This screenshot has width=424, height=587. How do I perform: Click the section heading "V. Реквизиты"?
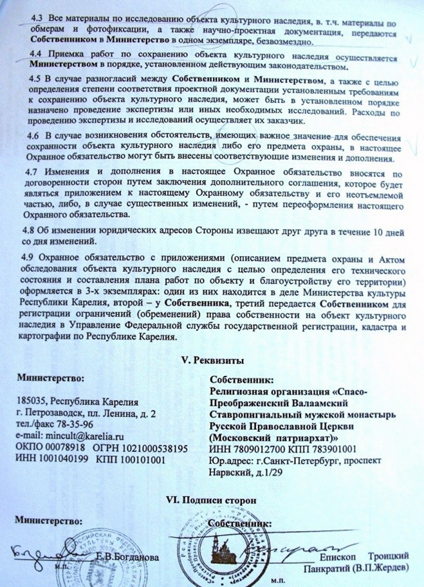[212, 358]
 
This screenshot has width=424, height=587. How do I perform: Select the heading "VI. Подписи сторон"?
[211, 500]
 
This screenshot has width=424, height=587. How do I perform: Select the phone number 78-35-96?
[77, 424]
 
